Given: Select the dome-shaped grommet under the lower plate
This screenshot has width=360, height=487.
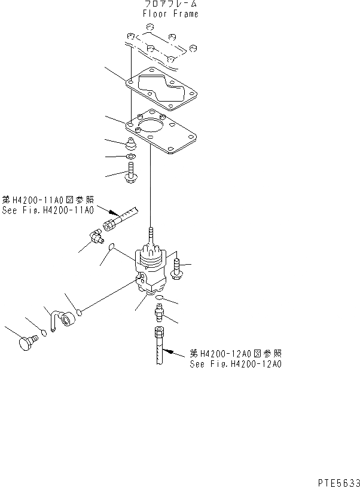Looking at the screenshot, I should (x=130, y=144).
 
